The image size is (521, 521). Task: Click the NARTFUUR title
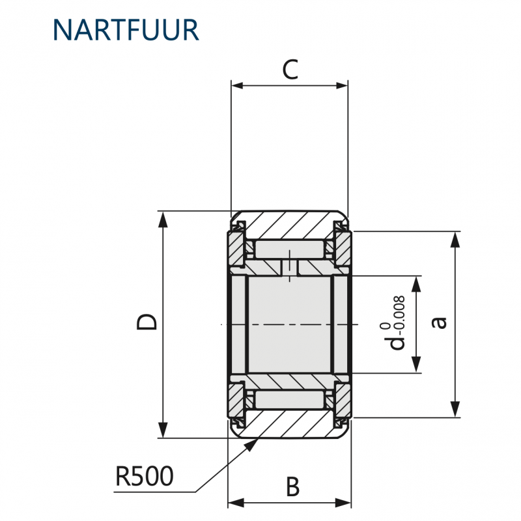tap(126, 30)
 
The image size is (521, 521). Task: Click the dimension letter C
tap(290, 70)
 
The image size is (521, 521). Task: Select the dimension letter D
tap(147, 322)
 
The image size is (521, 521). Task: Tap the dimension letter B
tap(292, 486)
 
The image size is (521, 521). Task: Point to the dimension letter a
tap(439, 322)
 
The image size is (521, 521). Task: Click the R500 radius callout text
tap(145, 476)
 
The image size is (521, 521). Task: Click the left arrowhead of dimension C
tap(238, 85)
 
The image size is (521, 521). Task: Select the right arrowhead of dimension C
tap(341, 85)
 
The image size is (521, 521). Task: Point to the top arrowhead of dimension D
tap(162, 219)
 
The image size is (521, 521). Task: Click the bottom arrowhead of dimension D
tap(162, 430)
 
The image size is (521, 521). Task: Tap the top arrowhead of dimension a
tap(455, 240)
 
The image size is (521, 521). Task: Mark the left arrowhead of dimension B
tap(235, 503)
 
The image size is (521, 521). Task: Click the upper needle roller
tap(289, 249)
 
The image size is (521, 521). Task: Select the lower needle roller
tap(289, 400)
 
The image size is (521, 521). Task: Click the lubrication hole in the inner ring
tap(290, 268)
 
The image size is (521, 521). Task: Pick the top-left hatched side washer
tap(236, 249)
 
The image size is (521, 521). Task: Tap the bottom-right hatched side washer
tap(343, 401)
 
